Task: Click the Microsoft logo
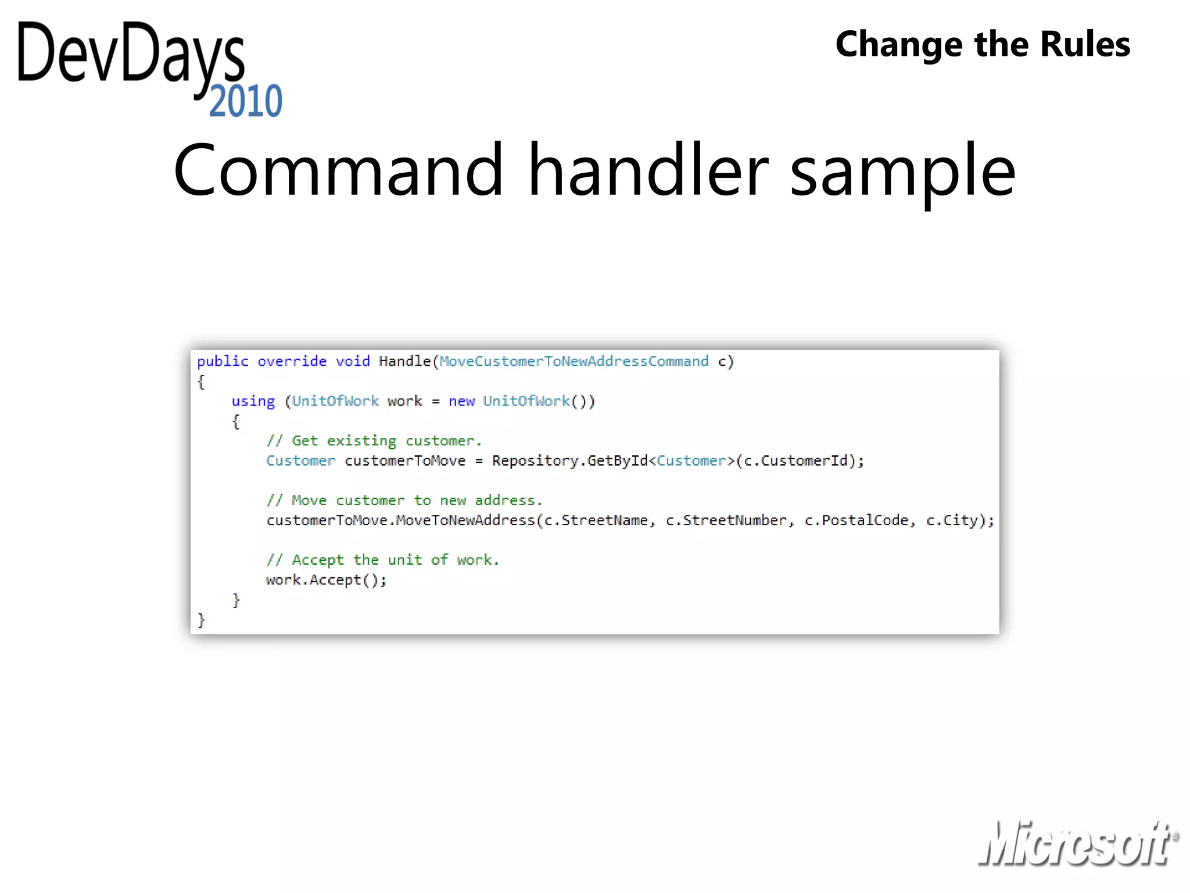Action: [1078, 844]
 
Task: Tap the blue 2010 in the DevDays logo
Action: [246, 101]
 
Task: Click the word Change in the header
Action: [898, 44]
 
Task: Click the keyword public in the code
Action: [223, 362]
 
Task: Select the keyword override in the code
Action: [292, 362]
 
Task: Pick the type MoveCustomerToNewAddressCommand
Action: [574, 362]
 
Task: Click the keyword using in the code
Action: [253, 402]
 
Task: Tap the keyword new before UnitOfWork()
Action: [461, 401]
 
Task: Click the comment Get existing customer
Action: [374, 441]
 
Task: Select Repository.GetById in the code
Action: [569, 461]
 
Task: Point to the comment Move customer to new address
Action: [404, 501]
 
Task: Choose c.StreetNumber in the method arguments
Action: [726, 520]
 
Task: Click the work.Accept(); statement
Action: [326, 580]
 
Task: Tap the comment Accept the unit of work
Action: [383, 560]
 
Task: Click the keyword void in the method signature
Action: [353, 362]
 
